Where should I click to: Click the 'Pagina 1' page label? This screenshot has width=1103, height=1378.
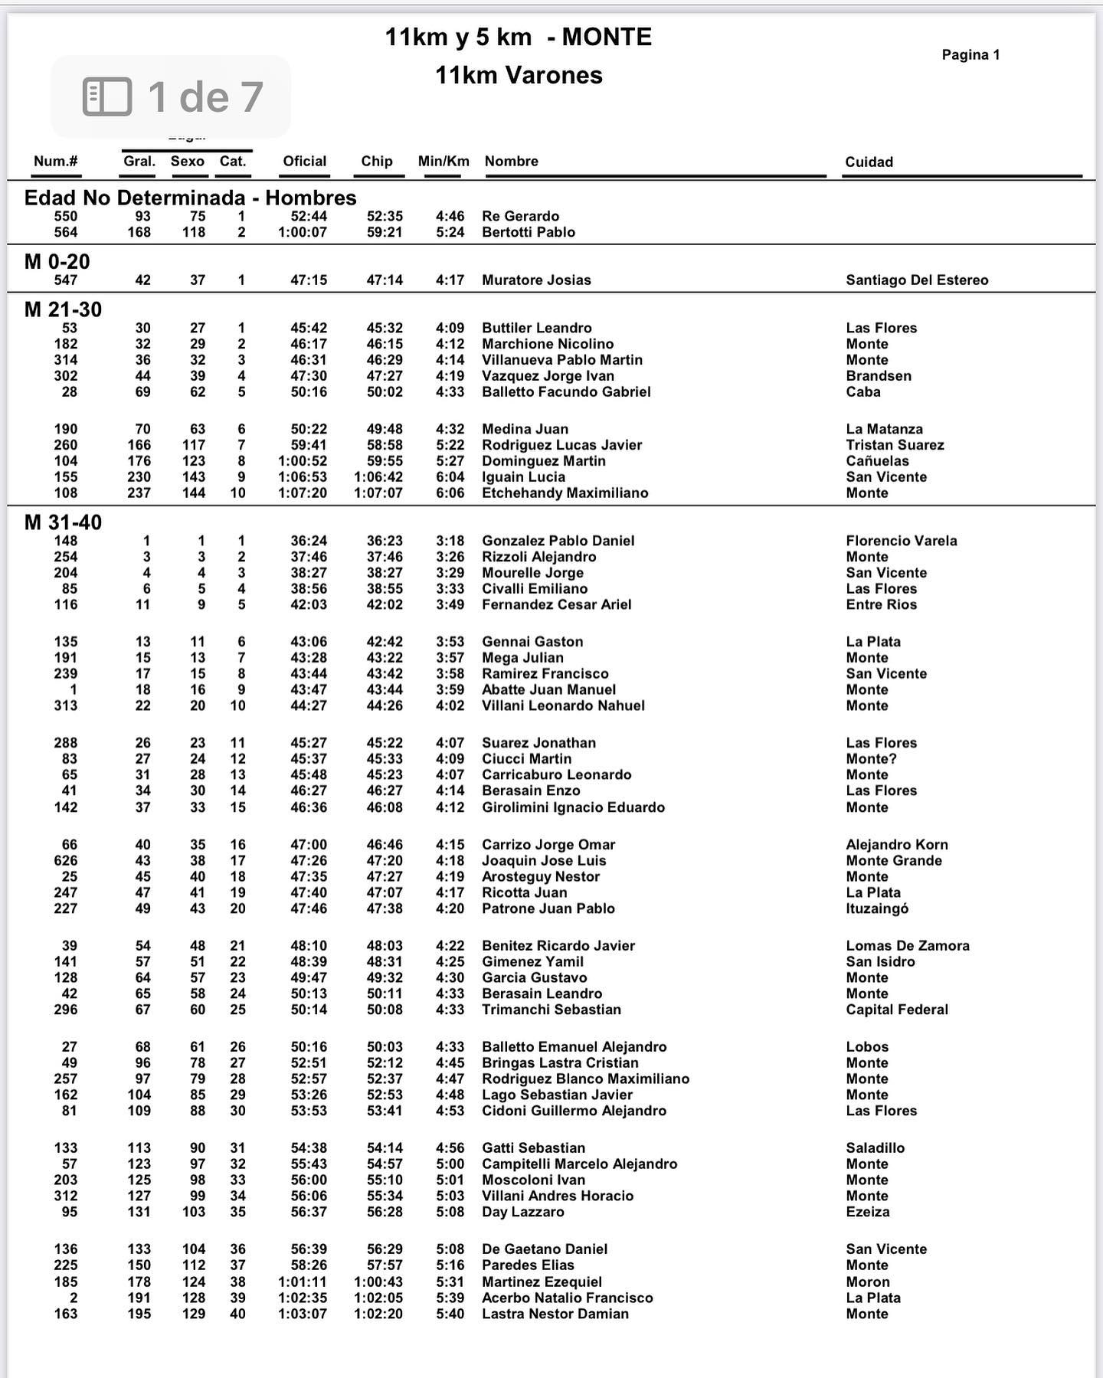click(970, 54)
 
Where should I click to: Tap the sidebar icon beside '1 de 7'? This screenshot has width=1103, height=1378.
click(107, 97)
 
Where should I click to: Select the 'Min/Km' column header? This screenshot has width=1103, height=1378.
click(443, 161)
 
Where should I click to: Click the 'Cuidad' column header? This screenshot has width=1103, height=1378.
click(869, 162)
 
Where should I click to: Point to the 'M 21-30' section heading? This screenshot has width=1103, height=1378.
click(63, 309)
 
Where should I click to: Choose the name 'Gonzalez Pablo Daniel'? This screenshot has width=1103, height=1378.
click(558, 541)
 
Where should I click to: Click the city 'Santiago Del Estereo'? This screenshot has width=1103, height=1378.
click(917, 280)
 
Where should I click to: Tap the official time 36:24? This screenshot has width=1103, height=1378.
click(309, 541)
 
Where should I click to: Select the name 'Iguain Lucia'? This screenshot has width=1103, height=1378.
click(523, 477)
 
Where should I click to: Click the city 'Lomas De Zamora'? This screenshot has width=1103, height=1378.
click(908, 946)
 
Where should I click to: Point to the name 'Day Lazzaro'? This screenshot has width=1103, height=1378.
click(522, 1212)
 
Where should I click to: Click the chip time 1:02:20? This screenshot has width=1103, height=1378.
click(378, 1314)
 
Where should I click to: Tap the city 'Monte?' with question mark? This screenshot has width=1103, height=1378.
click(871, 759)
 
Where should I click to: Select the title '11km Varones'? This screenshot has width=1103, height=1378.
click(519, 75)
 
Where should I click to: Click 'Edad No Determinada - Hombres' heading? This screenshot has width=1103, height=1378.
click(190, 198)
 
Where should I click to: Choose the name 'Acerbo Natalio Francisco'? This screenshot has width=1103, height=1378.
click(567, 1298)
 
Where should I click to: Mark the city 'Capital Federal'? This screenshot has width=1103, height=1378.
click(897, 1010)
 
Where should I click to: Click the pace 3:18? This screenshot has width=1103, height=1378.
click(450, 541)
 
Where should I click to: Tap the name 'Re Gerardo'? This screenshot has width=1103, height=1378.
click(520, 217)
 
